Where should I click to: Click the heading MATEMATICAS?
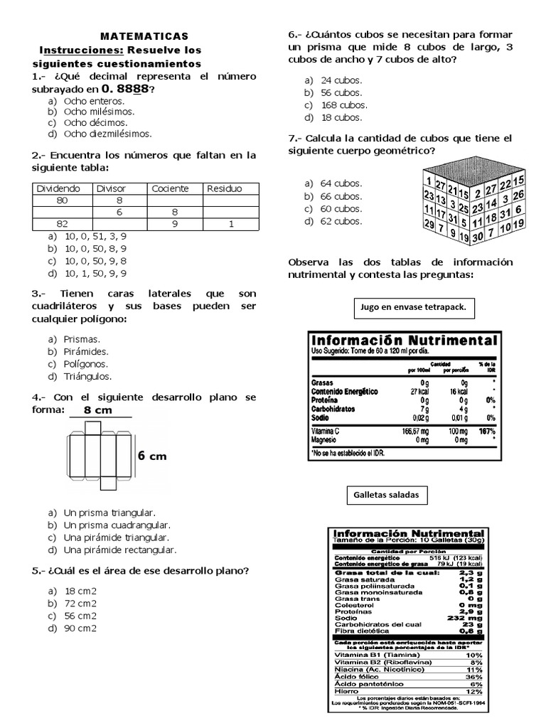(x=144, y=36)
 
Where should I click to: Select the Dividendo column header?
(x=58, y=188)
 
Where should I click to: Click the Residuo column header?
(x=224, y=188)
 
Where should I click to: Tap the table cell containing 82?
(x=62, y=223)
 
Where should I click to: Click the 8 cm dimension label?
(x=99, y=410)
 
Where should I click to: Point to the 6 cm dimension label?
(x=152, y=456)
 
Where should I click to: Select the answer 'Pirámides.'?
(x=86, y=351)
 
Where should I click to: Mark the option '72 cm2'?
(x=81, y=603)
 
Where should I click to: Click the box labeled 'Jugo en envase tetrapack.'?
(x=414, y=309)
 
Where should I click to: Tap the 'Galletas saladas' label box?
(x=386, y=494)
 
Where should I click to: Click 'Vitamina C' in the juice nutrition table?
(x=328, y=432)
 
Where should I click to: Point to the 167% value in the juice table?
(x=486, y=432)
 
